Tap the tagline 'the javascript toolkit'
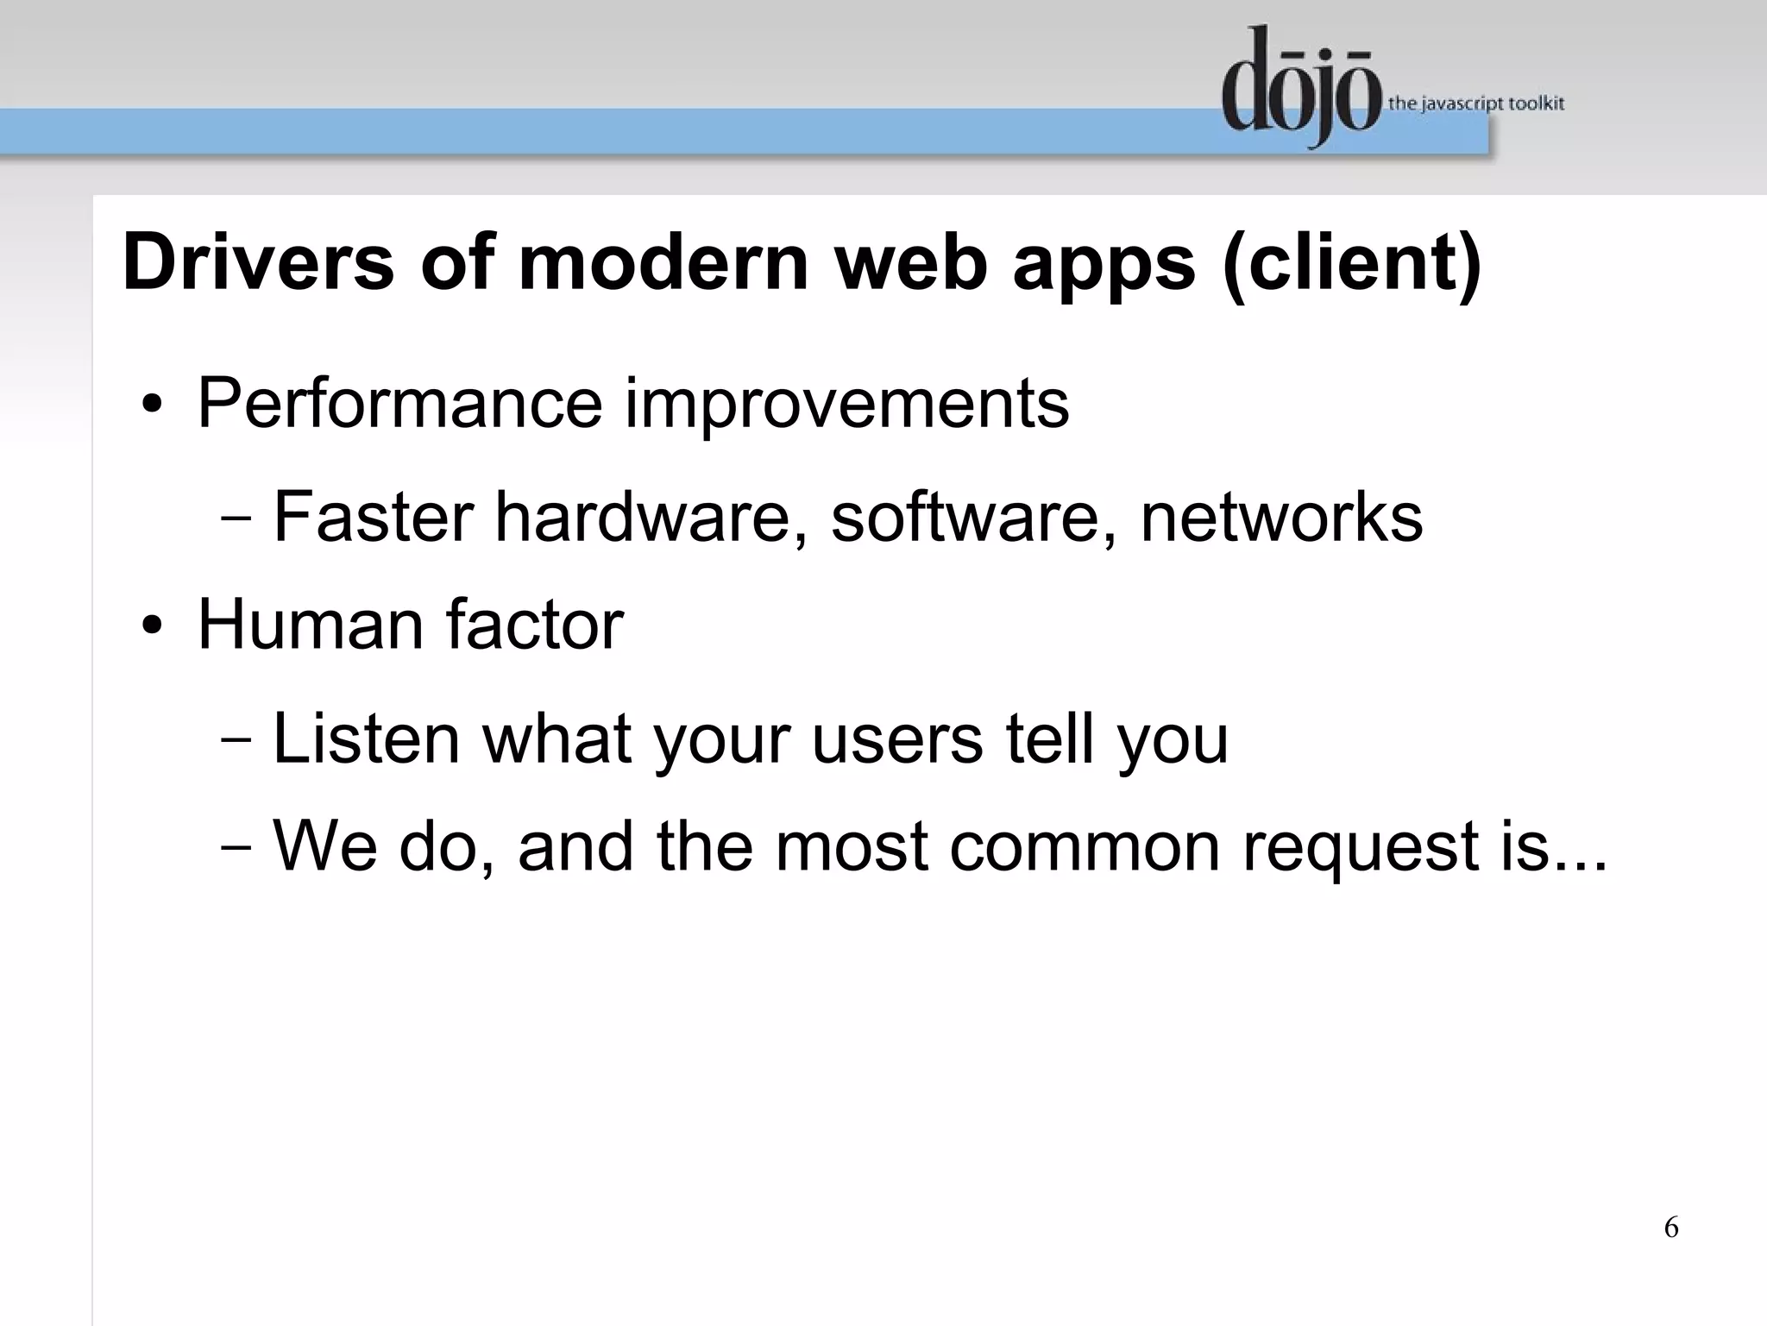pyautogui.click(x=1475, y=104)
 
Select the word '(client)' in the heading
pyautogui.click(x=1352, y=264)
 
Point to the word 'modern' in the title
pyautogui.click(x=663, y=262)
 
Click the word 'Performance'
pyautogui.click(x=399, y=403)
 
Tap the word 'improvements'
pyautogui.click(x=846, y=405)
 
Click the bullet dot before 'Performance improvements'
pyautogui.click(x=152, y=405)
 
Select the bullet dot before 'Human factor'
pyautogui.click(x=152, y=627)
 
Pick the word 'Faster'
pyautogui.click(x=373, y=517)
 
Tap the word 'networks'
pyautogui.click(x=1281, y=517)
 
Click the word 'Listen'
pyautogui.click(x=366, y=738)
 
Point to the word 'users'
pyautogui.click(x=897, y=740)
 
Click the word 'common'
pyautogui.click(x=1085, y=847)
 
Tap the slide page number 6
pyautogui.click(x=1671, y=1227)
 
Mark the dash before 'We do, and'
pyautogui.click(x=236, y=847)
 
